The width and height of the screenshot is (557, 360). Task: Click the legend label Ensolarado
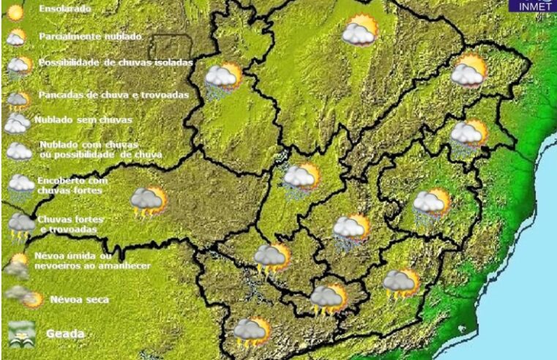click(x=66, y=10)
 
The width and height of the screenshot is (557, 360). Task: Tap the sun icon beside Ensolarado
click(x=15, y=11)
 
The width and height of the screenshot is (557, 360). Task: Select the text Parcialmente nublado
click(x=90, y=36)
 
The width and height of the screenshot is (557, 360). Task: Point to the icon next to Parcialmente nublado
click(x=15, y=37)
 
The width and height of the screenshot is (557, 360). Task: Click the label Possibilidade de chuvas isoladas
click(x=116, y=63)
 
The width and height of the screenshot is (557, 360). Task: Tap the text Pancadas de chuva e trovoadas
click(x=113, y=95)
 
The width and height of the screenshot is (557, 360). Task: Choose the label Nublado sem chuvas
click(x=72, y=119)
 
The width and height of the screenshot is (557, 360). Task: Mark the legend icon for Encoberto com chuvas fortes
click(x=20, y=184)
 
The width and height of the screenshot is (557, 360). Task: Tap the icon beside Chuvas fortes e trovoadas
click(x=21, y=225)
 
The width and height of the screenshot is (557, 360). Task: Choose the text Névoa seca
click(x=80, y=299)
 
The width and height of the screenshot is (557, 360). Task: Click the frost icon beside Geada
click(x=22, y=332)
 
